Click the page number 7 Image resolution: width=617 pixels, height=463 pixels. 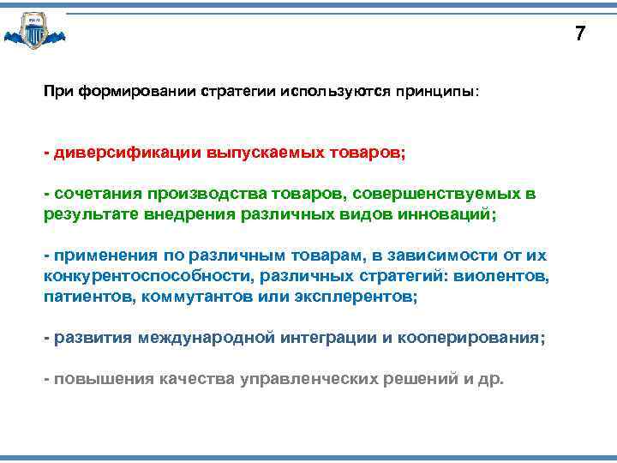pyautogui.click(x=580, y=34)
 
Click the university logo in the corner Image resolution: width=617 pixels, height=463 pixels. pyautogui.click(x=34, y=31)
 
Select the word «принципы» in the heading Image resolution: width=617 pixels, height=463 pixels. pyautogui.click(x=436, y=90)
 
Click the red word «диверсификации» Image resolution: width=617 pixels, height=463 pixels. pyautogui.click(x=126, y=153)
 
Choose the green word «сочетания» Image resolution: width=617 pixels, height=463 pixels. pyautogui.click(x=99, y=195)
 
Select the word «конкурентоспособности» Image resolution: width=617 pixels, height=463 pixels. pyautogui.click(x=136, y=276)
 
